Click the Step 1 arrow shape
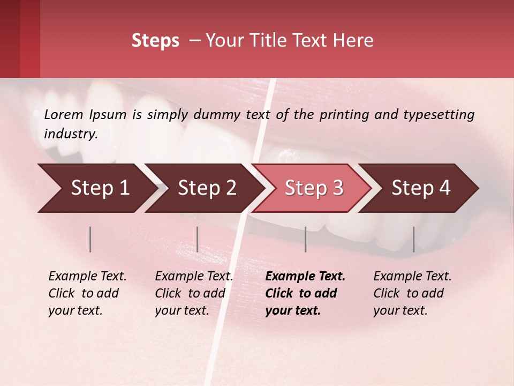[96, 188]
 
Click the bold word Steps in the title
[155, 41]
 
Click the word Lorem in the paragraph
[64, 114]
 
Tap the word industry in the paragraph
[71, 134]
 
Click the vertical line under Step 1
[90, 239]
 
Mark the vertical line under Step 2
[198, 239]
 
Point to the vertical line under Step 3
[305, 239]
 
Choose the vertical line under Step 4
[413, 239]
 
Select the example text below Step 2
[193, 293]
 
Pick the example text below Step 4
[412, 293]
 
